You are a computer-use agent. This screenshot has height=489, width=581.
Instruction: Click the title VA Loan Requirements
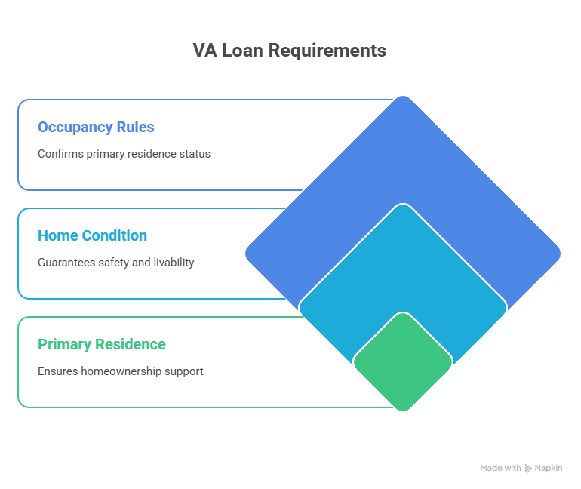coord(289,51)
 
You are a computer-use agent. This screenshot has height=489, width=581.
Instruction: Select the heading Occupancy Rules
coord(96,127)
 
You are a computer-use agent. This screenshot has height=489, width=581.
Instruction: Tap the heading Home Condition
coord(92,235)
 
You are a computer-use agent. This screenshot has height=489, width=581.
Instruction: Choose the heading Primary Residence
coord(102,344)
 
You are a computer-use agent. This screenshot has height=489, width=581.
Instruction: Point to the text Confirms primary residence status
coord(124,154)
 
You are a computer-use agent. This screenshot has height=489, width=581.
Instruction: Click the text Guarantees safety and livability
coord(115,263)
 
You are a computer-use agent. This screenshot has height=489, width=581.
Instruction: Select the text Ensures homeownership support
coord(121,371)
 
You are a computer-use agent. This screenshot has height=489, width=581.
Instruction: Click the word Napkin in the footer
coord(549,468)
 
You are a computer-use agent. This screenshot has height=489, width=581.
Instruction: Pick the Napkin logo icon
coord(527,468)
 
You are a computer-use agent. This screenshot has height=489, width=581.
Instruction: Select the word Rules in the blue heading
coord(135,127)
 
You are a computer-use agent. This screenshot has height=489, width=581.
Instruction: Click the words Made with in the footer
coord(500,468)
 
